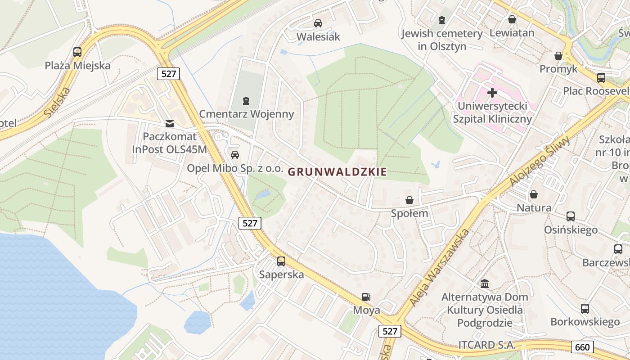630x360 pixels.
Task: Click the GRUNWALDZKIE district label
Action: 337,171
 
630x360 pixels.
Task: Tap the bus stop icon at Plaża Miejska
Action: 77,52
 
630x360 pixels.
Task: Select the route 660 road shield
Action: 582,347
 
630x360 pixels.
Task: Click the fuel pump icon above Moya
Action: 367,297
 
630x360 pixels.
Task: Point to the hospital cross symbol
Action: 492,93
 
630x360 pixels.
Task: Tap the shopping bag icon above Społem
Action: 409,200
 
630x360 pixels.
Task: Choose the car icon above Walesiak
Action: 318,23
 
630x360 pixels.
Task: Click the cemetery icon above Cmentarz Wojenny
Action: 246,100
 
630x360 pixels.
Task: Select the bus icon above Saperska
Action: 281,261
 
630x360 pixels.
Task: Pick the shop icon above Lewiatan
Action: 512,19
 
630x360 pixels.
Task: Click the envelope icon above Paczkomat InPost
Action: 170,123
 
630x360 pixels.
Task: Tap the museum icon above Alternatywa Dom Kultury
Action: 485,283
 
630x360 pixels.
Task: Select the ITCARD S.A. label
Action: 487,346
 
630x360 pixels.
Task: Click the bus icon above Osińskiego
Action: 571,216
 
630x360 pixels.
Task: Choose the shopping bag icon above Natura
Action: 534,194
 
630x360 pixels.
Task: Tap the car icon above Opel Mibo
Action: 234,155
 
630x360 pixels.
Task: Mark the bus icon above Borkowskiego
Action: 585,309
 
